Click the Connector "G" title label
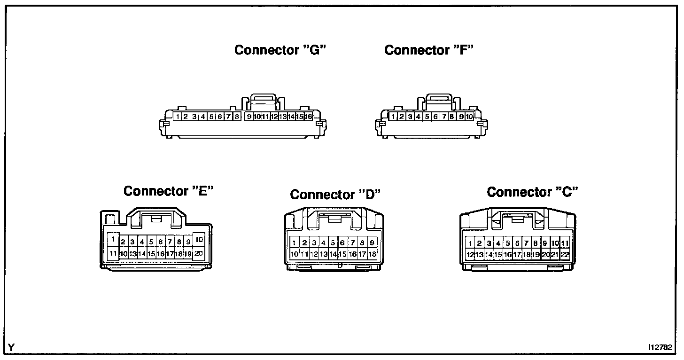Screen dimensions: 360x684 pyautogui.click(x=280, y=50)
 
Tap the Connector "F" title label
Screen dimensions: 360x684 pyautogui.click(x=428, y=50)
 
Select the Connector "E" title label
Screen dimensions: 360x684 pyautogui.click(x=169, y=191)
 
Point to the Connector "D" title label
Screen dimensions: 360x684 pyautogui.click(x=335, y=194)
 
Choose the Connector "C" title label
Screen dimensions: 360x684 pyautogui.click(x=532, y=192)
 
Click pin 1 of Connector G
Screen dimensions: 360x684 pyautogui.click(x=178, y=117)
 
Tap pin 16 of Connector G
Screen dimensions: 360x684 pyautogui.click(x=308, y=117)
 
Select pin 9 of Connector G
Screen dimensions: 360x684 pyautogui.click(x=249, y=117)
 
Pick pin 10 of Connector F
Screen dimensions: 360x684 pyautogui.click(x=469, y=117)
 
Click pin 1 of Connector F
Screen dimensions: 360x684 pyautogui.click(x=393, y=117)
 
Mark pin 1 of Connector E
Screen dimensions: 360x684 pyautogui.click(x=113, y=239)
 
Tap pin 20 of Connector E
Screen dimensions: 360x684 pyautogui.click(x=199, y=253)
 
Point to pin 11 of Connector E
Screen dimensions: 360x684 pyautogui.click(x=113, y=253)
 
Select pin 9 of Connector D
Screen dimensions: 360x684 pyautogui.click(x=372, y=243)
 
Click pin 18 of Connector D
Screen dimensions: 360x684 pyautogui.click(x=372, y=254)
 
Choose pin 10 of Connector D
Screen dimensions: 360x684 pyautogui.click(x=294, y=254)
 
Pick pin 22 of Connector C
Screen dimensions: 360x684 pyautogui.click(x=565, y=254)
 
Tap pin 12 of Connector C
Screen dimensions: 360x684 pyautogui.click(x=470, y=254)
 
